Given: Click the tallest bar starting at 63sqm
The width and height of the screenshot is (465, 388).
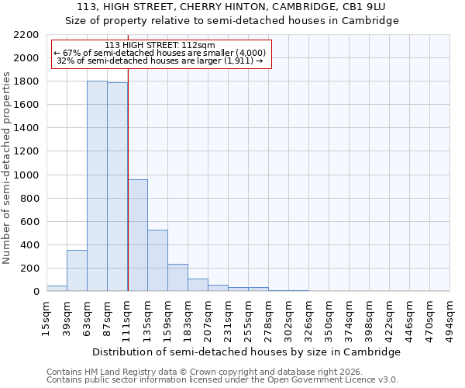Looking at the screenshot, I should (97, 186).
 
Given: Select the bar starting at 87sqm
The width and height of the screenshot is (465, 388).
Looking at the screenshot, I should (117, 187).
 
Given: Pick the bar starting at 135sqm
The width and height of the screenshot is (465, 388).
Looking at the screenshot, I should (157, 261).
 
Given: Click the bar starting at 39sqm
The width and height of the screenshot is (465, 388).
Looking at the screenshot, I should (77, 271).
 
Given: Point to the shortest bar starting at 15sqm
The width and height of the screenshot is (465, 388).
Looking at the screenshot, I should (57, 289).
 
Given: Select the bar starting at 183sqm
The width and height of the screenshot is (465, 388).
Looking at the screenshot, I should (198, 285).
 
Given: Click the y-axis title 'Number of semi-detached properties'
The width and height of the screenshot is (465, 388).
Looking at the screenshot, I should (7, 168).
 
